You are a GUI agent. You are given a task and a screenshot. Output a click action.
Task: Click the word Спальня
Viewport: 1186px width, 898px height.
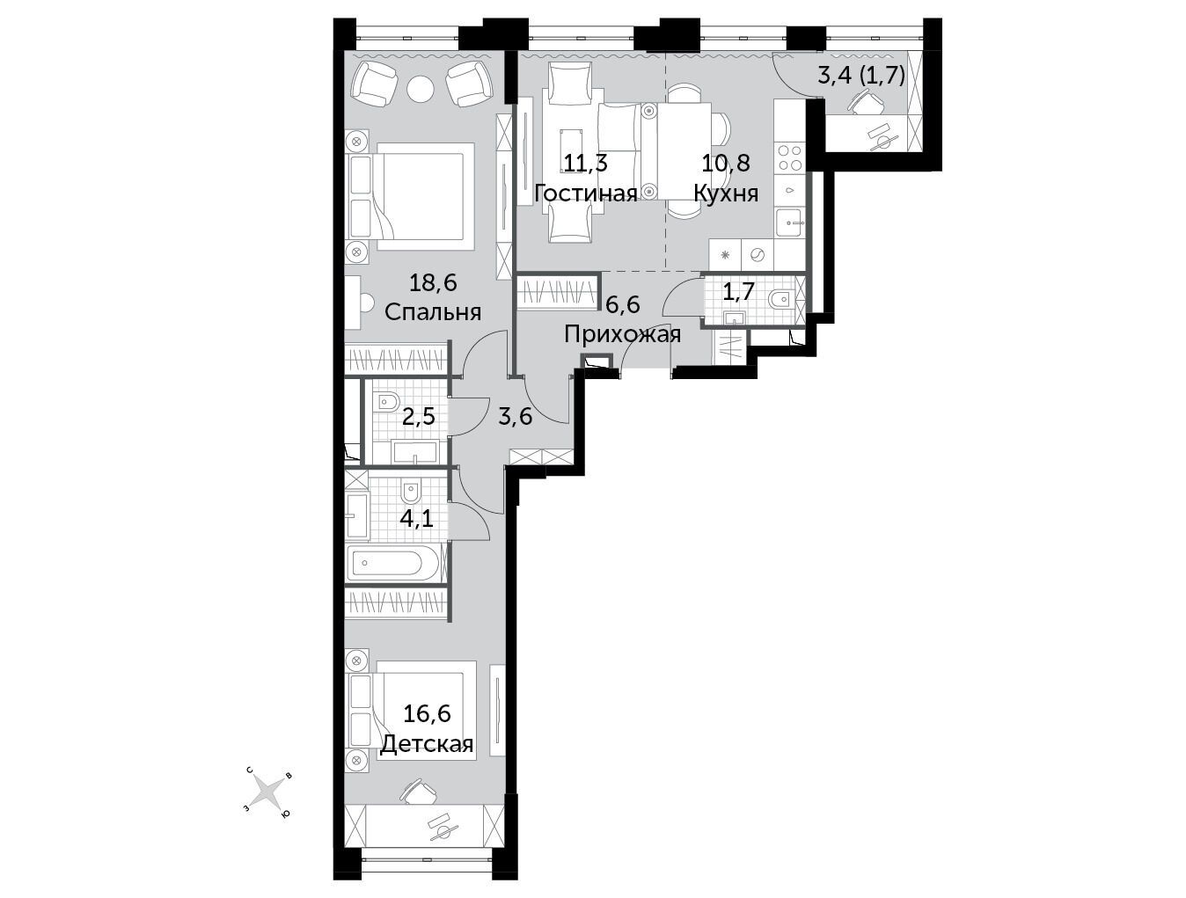pyautogui.click(x=433, y=312)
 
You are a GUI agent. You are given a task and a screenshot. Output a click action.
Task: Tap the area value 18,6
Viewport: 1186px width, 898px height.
pyautogui.click(x=433, y=282)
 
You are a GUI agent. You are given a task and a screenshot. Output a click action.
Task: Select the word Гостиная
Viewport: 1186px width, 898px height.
pyautogui.click(x=586, y=193)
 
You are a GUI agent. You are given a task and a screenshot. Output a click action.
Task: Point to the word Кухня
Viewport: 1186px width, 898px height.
pyautogui.click(x=726, y=193)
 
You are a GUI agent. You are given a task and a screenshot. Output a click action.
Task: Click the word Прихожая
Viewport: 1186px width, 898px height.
pyautogui.click(x=622, y=335)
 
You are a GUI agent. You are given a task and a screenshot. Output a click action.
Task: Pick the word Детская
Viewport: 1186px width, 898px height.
pyautogui.click(x=428, y=745)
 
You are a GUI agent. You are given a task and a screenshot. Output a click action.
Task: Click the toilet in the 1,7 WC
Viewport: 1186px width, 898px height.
pyautogui.click(x=780, y=300)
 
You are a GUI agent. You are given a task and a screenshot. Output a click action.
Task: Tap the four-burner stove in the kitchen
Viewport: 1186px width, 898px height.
pyautogui.click(x=789, y=157)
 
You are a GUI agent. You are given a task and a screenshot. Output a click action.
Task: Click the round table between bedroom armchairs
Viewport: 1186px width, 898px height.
pyautogui.click(x=421, y=89)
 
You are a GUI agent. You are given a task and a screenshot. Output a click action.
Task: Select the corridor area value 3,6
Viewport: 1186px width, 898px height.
pyautogui.click(x=515, y=417)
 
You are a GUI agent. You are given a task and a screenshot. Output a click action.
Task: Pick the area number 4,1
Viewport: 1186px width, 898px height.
pyautogui.click(x=416, y=519)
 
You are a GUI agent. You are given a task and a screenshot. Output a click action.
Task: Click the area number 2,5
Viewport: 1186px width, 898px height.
pyautogui.click(x=418, y=417)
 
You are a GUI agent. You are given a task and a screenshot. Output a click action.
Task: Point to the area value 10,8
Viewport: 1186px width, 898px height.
pyautogui.click(x=726, y=163)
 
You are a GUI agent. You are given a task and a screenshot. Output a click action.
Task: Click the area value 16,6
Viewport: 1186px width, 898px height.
pyautogui.click(x=427, y=714)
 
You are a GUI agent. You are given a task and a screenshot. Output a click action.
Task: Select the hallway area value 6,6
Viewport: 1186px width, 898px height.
pyautogui.click(x=622, y=304)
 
